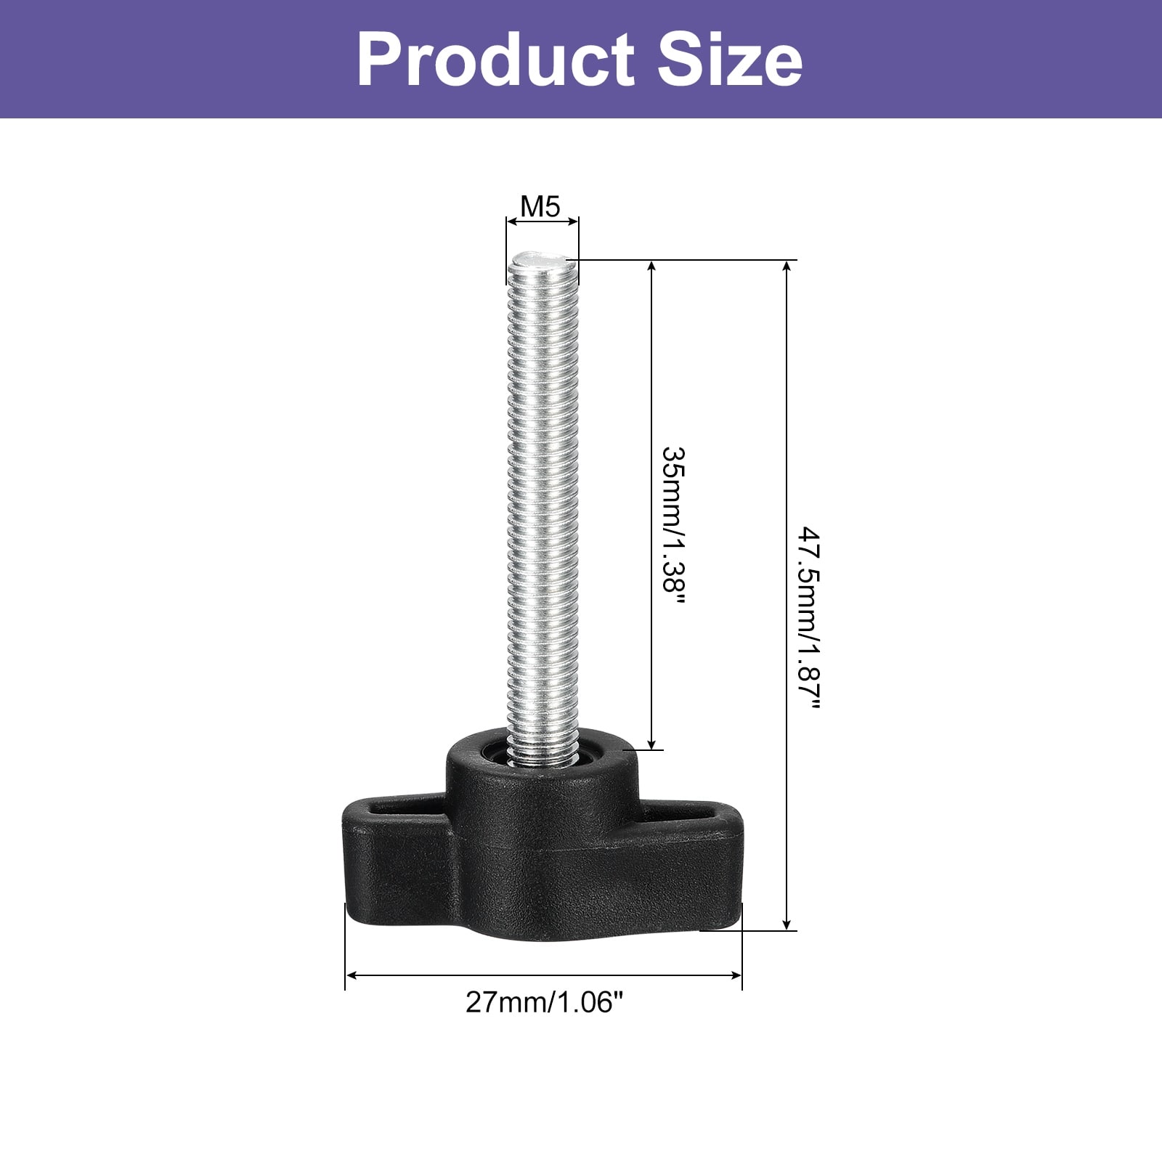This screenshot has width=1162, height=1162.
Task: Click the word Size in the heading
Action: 730,60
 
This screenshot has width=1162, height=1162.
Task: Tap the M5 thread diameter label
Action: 541,207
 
